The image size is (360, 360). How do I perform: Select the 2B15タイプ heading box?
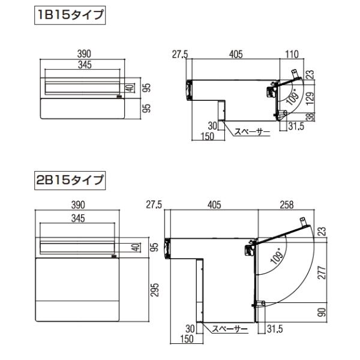click(70, 179)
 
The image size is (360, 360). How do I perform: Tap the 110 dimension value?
click(292, 55)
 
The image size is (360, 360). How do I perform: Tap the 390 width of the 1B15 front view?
click(83, 55)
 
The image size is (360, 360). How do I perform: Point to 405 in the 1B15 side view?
click(235, 55)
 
